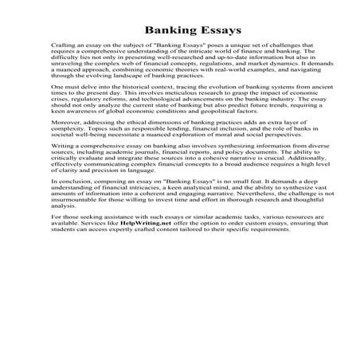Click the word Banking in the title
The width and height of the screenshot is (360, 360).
click(156, 33)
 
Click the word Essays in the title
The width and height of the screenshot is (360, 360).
click(209, 33)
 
